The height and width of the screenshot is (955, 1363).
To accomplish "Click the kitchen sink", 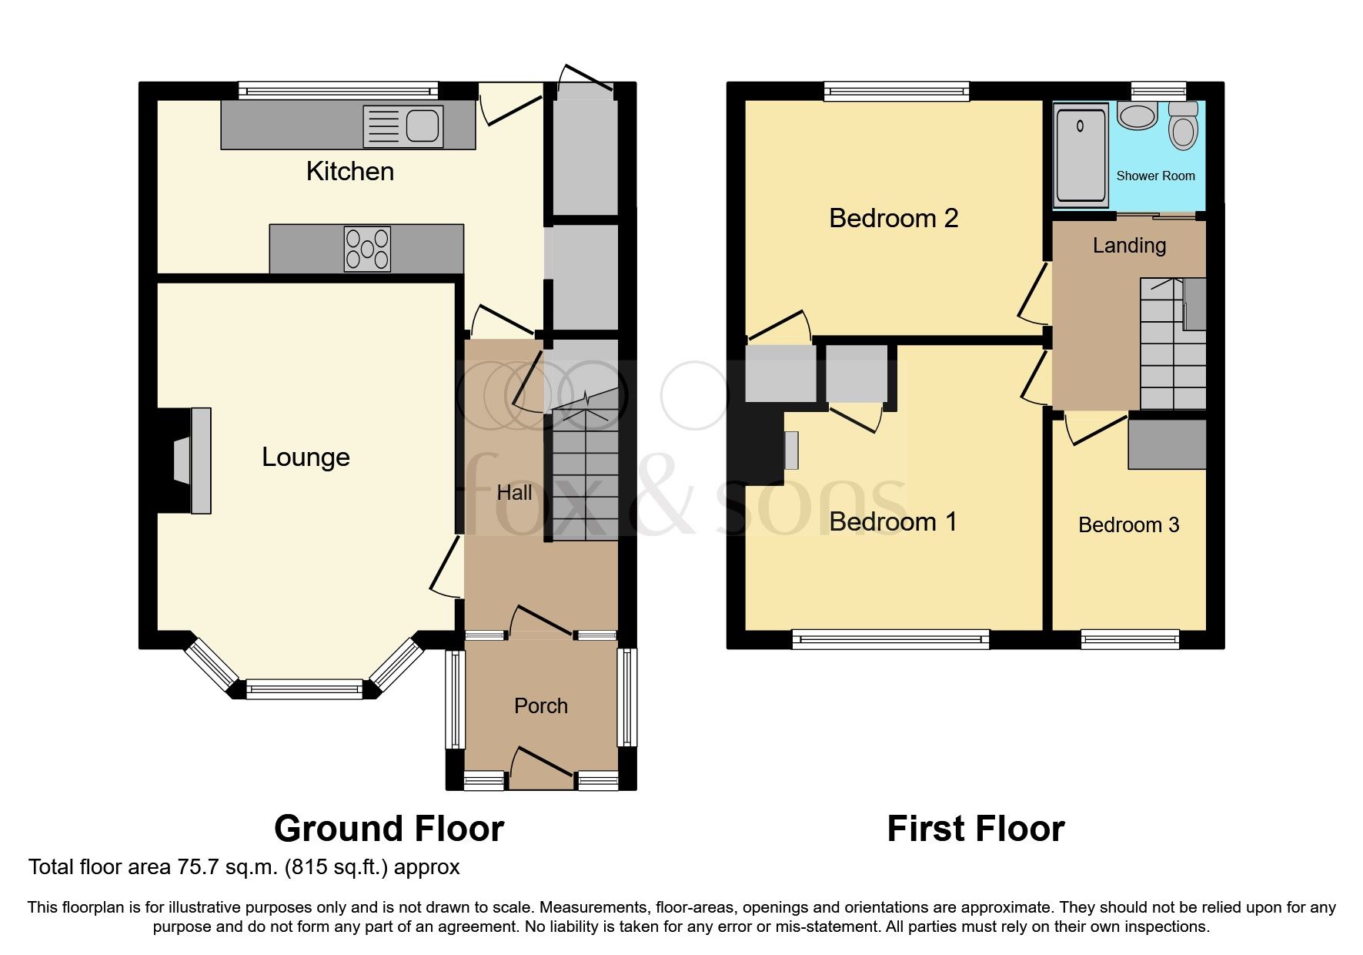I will coord(422,126).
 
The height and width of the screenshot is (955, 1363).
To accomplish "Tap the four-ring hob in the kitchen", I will coord(367,249).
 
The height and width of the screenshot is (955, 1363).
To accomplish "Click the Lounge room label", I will coord(306,457).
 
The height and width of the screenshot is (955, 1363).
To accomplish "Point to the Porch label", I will coord(540,706).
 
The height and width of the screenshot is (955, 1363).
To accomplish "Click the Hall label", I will coord(514,493).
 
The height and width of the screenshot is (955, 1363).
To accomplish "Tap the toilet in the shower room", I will coord(1183,129).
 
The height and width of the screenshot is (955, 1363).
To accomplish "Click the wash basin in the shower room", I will coord(1138,116).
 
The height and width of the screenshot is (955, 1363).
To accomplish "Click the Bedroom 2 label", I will coord(893,219).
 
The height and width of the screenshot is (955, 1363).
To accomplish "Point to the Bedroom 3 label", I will coord(1128,525).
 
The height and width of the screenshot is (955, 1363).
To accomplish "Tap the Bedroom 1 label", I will coord(893,522).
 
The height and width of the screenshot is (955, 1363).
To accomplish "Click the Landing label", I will coord(1129,246).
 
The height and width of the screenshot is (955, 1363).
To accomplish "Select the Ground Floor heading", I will coord(389,829).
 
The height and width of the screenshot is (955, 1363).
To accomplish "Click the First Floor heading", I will coord(975,829).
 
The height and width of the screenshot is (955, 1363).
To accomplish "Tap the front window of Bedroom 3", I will coord(1130,638).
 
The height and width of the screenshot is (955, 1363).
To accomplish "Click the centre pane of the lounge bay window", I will coord(304,689).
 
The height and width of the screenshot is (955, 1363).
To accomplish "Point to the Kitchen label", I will coord(349,172).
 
